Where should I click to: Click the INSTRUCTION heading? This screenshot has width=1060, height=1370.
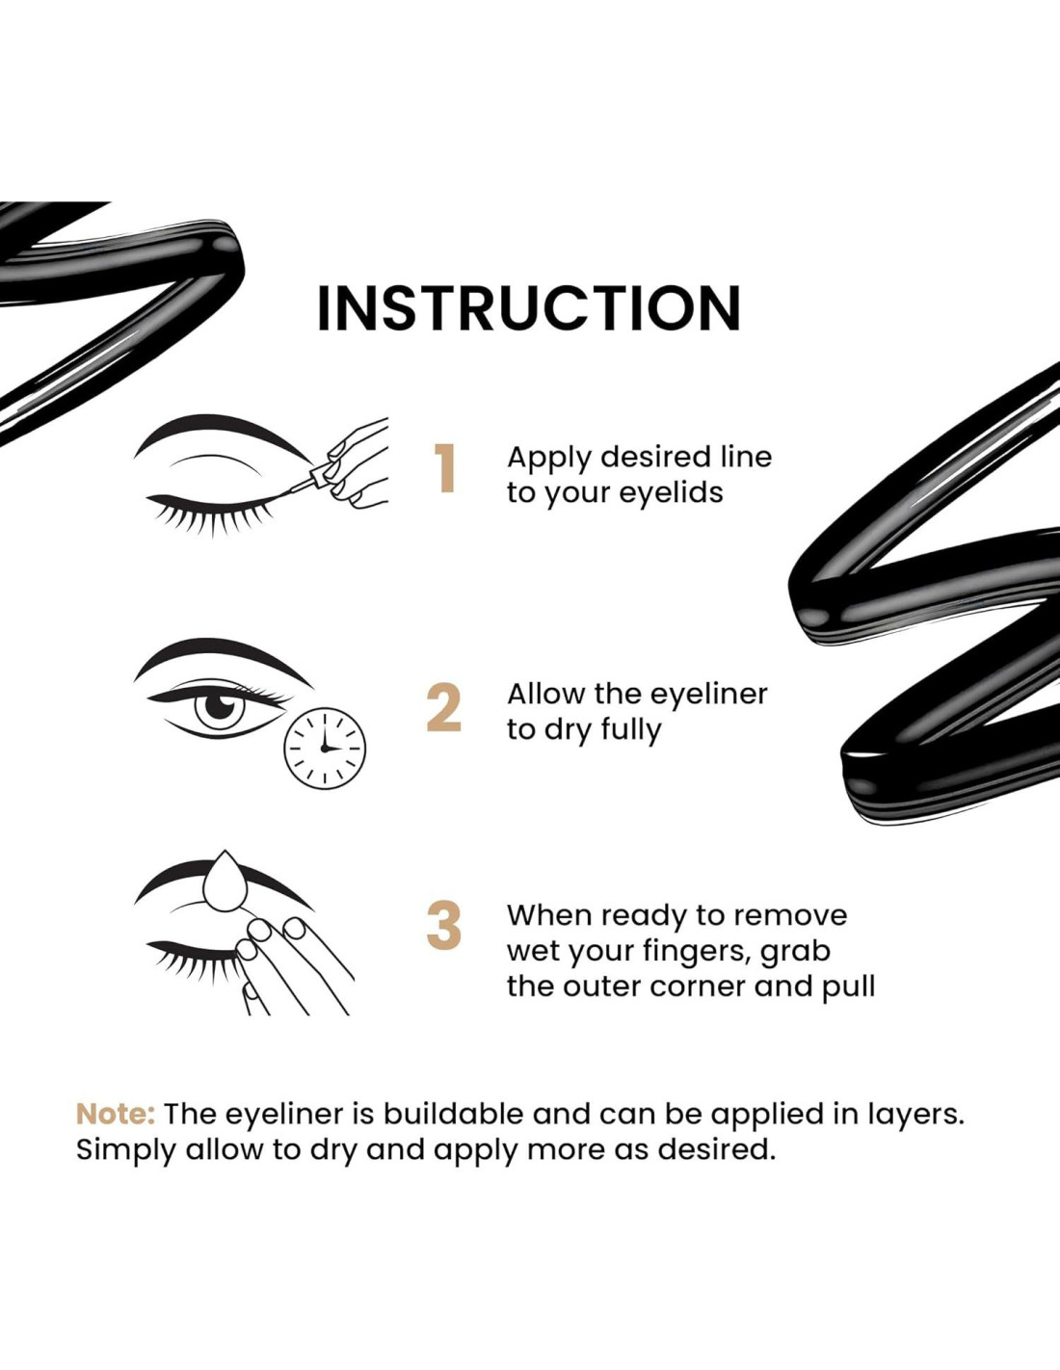[528, 308]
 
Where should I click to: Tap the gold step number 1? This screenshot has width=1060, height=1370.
[444, 468]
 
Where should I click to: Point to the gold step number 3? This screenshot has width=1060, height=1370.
[444, 926]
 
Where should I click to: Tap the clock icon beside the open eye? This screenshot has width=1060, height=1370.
[325, 748]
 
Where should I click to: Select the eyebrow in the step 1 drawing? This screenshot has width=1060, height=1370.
[222, 431]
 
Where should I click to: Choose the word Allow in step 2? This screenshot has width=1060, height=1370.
[545, 695]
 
